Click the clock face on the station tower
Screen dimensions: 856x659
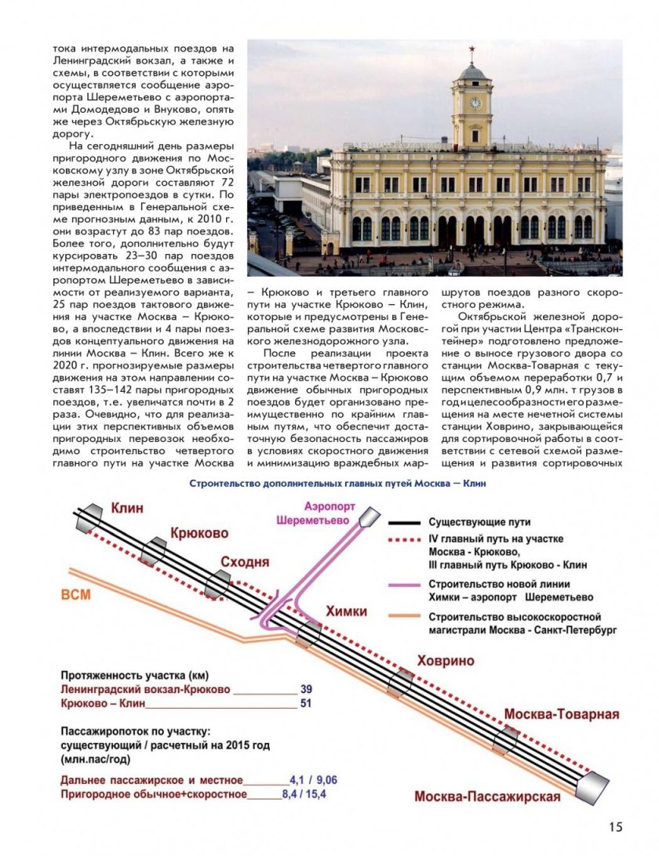coord(475,103)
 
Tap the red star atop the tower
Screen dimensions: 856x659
coord(473,51)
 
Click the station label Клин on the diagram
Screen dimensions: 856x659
coord(127,508)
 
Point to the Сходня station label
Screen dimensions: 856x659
coord(245,562)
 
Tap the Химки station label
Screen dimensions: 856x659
coord(345,611)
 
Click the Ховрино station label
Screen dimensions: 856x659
coord(446,660)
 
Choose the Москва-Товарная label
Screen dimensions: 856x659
coord(562,714)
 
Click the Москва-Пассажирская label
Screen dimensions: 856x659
coord(487,797)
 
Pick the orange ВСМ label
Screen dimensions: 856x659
coord(76,594)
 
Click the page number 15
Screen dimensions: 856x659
coord(615,827)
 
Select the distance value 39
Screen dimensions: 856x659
coord(306,689)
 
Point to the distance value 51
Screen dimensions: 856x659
coord(306,703)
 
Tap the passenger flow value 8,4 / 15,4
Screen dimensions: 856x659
coord(304,795)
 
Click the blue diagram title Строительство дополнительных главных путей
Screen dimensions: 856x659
coord(337,483)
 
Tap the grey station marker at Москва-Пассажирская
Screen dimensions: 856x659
coord(592,785)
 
